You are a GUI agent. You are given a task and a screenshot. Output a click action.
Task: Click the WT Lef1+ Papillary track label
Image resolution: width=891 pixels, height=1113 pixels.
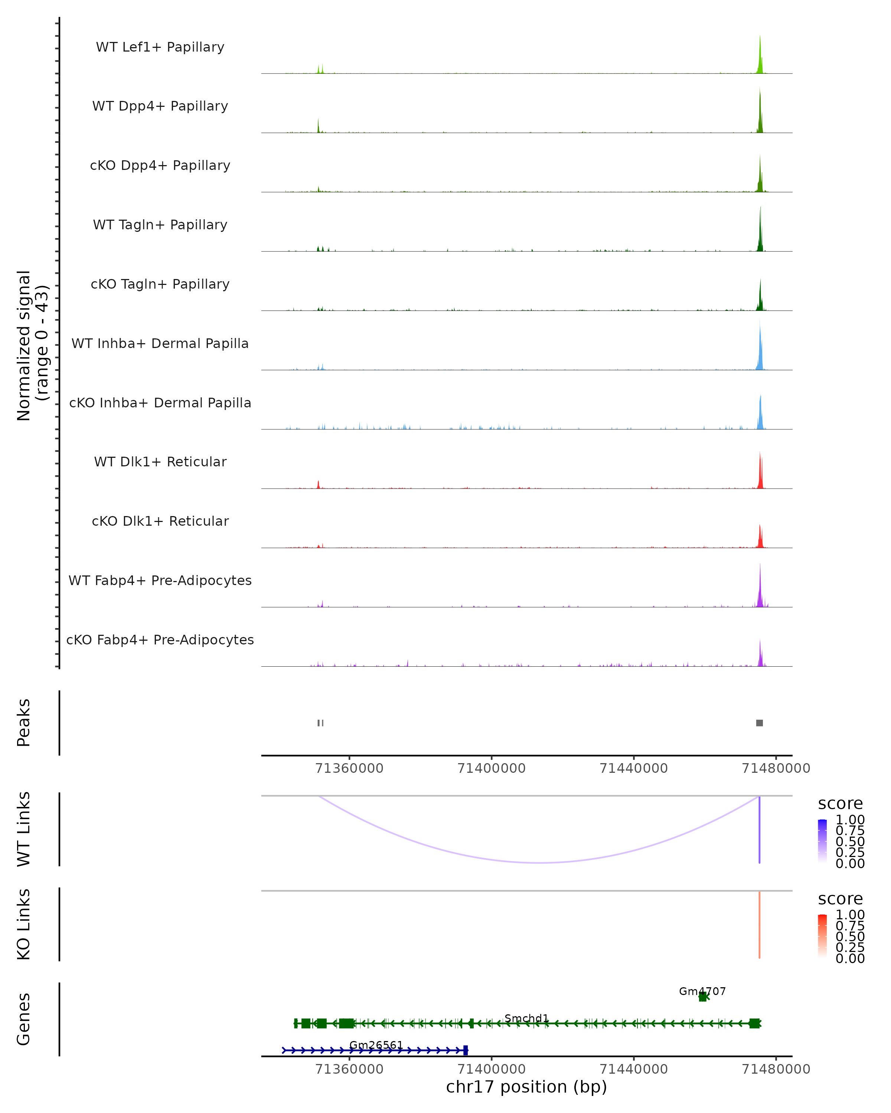[160, 47]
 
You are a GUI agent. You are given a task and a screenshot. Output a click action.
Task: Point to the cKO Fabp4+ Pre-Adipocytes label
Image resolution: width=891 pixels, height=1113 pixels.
[160, 640]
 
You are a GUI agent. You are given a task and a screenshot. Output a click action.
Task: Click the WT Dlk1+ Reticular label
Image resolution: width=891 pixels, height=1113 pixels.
[160, 462]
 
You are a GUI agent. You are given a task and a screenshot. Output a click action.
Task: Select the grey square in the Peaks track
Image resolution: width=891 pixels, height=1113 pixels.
[759, 723]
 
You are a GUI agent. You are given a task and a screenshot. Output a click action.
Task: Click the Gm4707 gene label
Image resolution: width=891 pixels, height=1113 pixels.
[702, 991]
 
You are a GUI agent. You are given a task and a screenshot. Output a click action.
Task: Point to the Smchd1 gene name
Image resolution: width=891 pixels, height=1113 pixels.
[526, 1018]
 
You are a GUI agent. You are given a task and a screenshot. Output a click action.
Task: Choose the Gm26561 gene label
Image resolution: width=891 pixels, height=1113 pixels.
[376, 1045]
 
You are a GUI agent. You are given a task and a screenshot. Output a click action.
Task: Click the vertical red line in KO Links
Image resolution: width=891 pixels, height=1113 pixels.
[759, 925]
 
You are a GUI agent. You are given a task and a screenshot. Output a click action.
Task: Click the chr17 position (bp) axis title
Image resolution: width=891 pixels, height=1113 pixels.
[526, 1087]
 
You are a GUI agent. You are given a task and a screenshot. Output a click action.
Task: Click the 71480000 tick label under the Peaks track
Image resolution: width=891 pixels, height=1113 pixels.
[776, 768]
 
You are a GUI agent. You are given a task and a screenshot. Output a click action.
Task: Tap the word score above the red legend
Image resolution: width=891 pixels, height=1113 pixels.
[841, 899]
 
